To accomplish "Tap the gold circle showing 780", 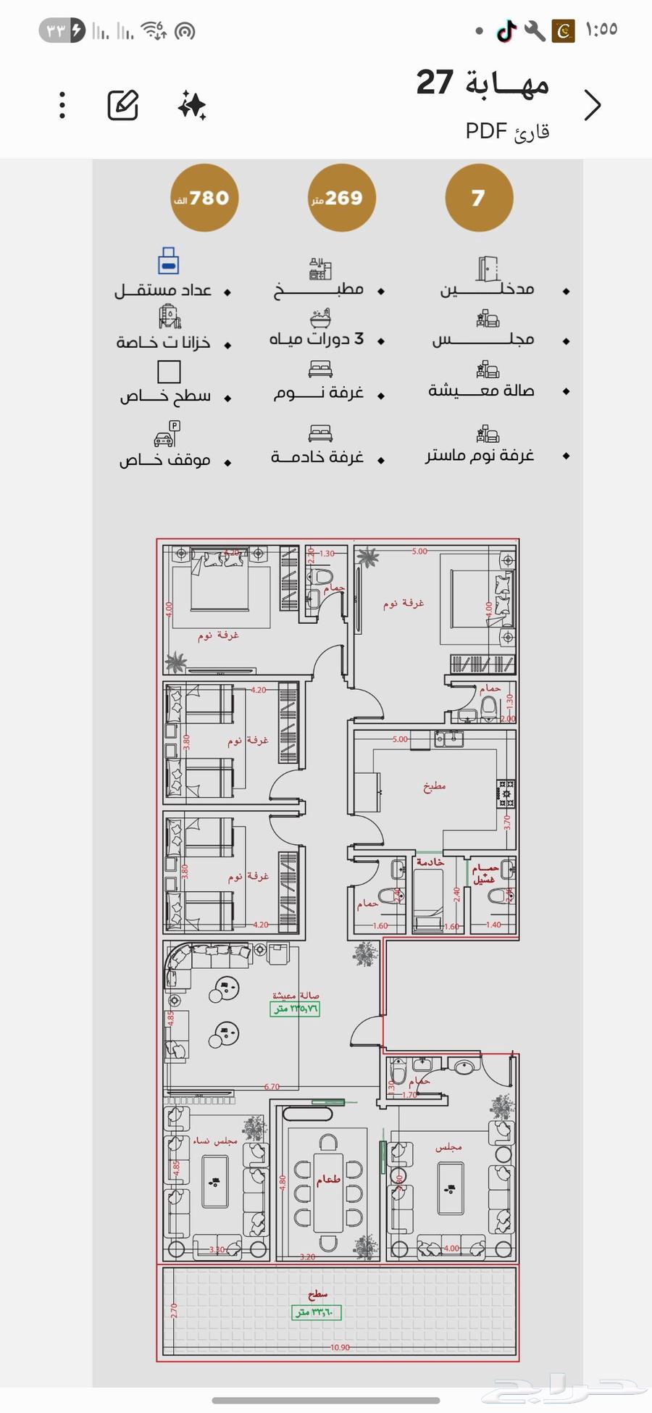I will (205, 198).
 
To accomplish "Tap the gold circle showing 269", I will (341, 198).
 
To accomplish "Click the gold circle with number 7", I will (479, 198).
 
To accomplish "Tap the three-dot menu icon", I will (63, 106).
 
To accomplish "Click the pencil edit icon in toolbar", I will (123, 106).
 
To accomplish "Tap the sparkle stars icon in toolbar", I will (192, 106).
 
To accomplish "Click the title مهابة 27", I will (482, 83).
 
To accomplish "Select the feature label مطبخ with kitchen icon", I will (319, 289).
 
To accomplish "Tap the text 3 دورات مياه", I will (317, 338).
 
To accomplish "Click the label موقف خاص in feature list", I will (165, 459).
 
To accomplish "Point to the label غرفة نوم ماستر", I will (480, 454).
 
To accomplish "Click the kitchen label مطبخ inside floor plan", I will (435, 786).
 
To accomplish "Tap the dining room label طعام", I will (328, 1180).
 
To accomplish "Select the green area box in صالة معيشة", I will (295, 1009).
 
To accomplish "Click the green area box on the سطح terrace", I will (317, 1312).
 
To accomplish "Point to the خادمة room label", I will (430, 862).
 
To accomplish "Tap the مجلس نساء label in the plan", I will (214, 1141).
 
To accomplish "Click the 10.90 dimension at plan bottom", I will (340, 1348).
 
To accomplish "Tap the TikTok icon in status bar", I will (506, 30).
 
